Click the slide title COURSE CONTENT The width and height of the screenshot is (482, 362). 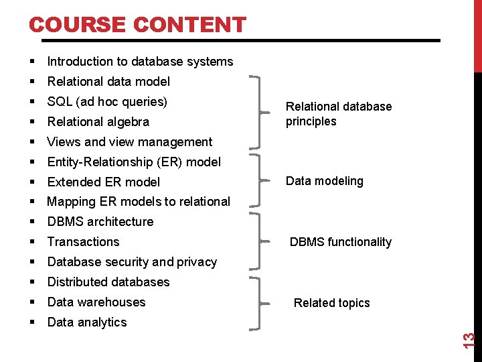pos(137,25)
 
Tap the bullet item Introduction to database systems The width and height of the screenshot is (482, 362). pos(140,62)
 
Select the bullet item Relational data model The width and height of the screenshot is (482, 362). pos(108,82)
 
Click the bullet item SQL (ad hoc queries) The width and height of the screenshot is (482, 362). pos(107,102)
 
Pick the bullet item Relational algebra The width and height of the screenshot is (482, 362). pos(98,122)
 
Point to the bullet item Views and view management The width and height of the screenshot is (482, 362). pos(130,142)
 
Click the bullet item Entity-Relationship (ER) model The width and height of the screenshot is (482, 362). pos(134,162)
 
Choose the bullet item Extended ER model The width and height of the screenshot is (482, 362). pos(104,182)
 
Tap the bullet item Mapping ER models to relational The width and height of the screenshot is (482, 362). pos(139,202)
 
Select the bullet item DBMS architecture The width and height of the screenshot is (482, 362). pos(100,222)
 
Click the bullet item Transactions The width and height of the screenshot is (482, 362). pos(83,242)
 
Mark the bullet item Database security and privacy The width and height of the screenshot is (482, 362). pos(132,262)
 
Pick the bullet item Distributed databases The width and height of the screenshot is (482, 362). pos(108,282)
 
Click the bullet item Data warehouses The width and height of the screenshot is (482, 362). pos(96,302)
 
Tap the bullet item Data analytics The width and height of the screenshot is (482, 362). pos(87,322)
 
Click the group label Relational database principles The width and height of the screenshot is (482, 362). pos(339,114)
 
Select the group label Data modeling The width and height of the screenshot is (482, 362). pos(325,181)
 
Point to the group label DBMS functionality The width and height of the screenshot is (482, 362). pos(340,242)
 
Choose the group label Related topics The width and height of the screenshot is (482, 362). pos(331,303)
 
